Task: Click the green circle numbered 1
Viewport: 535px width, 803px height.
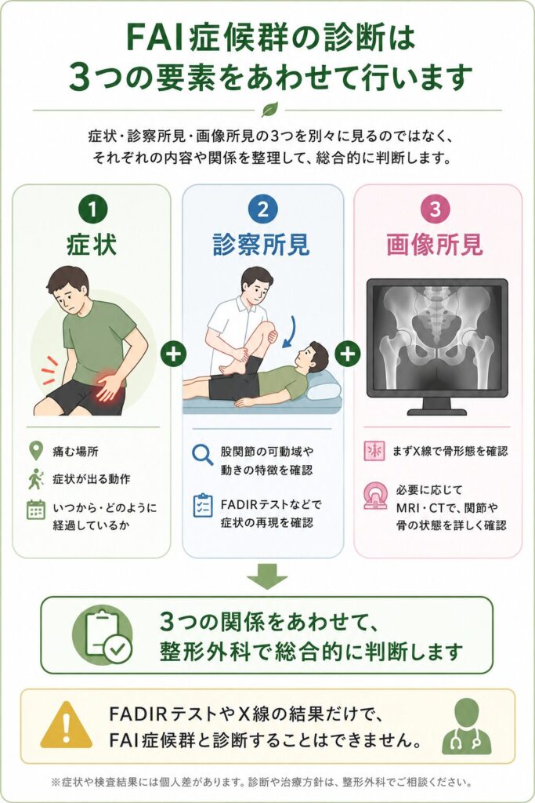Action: [92, 209]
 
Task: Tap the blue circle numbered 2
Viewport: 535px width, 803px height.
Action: [263, 209]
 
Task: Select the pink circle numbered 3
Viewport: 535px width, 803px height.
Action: [434, 209]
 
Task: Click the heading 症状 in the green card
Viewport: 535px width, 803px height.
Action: [92, 245]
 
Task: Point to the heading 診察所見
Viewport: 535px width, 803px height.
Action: [262, 245]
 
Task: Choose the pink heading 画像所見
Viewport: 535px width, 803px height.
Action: [435, 245]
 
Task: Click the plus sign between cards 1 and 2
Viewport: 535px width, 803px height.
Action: [174, 354]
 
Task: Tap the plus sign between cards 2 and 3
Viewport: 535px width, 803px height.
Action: [348, 354]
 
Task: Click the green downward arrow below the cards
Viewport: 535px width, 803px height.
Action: [268, 576]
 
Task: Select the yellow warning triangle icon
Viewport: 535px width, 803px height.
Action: [66, 725]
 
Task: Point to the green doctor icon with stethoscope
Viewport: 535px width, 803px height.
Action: [467, 726]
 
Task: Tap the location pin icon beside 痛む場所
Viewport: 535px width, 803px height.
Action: [35, 451]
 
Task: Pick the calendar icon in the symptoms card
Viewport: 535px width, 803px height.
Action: [36, 510]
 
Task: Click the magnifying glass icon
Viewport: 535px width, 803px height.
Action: [203, 454]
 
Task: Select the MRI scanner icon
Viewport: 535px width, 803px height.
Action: [375, 496]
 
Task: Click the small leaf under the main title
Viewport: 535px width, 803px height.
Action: [269, 110]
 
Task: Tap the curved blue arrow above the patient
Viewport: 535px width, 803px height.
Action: [290, 332]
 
